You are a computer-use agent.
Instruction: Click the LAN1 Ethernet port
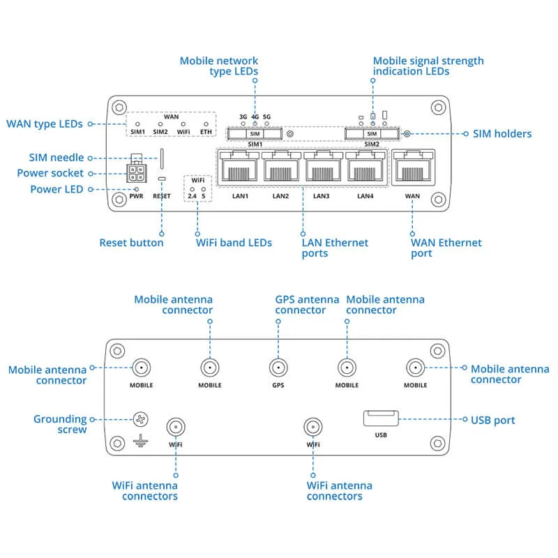pos(239,166)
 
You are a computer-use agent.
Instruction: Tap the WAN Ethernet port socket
pos(412,166)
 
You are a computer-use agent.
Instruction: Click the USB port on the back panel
pos(380,418)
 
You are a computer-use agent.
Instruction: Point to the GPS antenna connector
pos(278,368)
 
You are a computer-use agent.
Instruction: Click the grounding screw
pos(142,420)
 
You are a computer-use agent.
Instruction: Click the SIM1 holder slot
pos(255,133)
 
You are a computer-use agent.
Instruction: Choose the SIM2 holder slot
pos(372,133)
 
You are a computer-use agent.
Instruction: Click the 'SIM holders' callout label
pos(502,133)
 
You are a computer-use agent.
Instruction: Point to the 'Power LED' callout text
pos(56,189)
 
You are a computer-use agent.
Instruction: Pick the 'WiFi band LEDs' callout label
pos(234,243)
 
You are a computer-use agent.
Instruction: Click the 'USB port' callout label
pos(493,421)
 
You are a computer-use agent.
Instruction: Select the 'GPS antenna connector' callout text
pos(307,305)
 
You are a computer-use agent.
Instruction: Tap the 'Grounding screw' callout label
pos(60,424)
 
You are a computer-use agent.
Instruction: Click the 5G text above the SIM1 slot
pos(266,116)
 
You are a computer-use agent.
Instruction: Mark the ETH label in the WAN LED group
pos(205,130)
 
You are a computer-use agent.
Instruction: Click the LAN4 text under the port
pos(365,196)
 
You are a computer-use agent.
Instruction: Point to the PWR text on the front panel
pos(136,197)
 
